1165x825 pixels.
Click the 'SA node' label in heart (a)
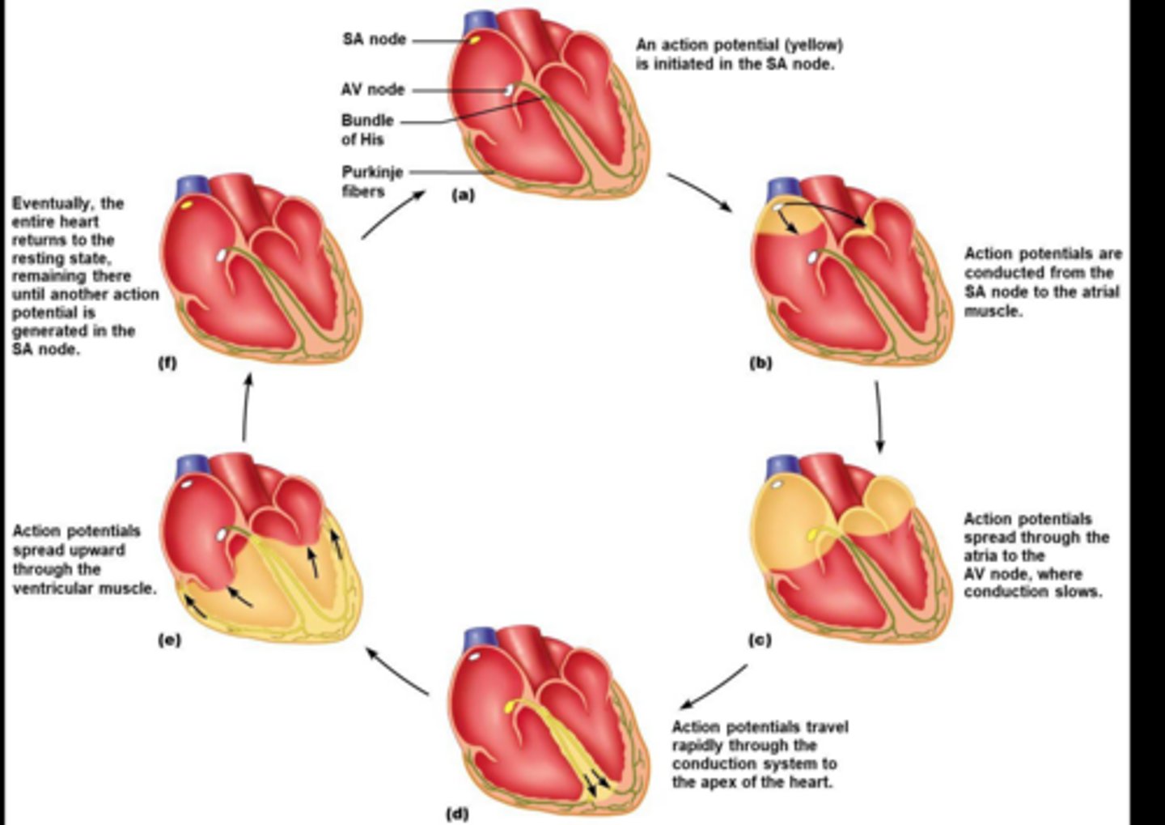point(374,39)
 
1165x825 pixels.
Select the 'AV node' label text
point(372,89)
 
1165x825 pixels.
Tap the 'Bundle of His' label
point(366,130)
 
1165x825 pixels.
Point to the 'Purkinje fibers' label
point(371,181)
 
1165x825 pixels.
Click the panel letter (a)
point(463,195)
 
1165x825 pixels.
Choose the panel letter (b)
point(760,364)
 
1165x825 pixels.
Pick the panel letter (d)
point(458,813)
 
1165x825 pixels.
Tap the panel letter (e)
point(169,640)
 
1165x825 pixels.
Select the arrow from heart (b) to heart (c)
point(879,417)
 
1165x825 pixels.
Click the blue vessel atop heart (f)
point(188,189)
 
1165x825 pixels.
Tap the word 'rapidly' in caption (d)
point(699,746)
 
